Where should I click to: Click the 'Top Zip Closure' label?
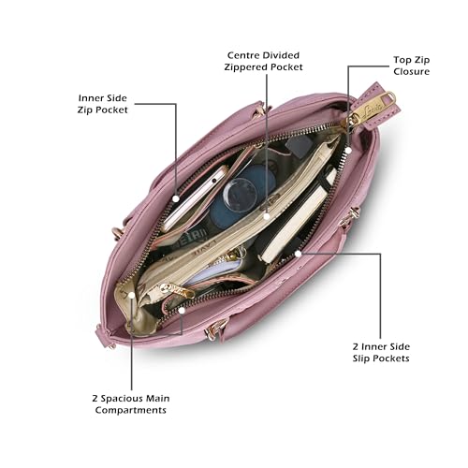(x=411, y=66)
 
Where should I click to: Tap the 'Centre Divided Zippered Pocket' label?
(x=263, y=61)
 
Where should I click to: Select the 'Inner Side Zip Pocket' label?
(x=103, y=104)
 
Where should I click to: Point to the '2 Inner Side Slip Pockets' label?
(x=381, y=352)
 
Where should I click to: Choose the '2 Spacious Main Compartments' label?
(x=131, y=404)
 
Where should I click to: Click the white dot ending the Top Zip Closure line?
(x=349, y=150)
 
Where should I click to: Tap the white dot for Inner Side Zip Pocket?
(x=176, y=198)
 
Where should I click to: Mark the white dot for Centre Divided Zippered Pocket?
(x=266, y=216)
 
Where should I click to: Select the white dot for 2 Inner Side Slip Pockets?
(x=299, y=254)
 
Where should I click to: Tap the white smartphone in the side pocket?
(x=195, y=198)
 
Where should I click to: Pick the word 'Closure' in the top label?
(x=411, y=71)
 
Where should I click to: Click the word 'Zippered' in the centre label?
(x=245, y=67)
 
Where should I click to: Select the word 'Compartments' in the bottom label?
(x=131, y=410)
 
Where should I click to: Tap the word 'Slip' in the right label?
(x=360, y=358)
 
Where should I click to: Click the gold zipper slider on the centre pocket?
(x=177, y=290)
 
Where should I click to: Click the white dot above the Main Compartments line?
(x=132, y=295)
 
